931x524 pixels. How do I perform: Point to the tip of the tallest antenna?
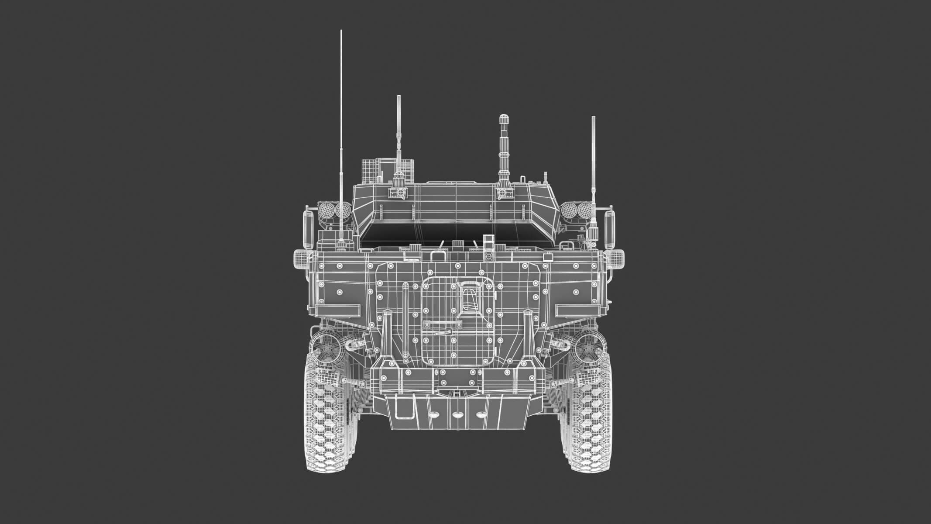(x=341, y=31)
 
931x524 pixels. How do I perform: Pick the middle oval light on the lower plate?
(x=457, y=415)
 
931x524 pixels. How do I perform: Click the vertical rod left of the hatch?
(x=405, y=310)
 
